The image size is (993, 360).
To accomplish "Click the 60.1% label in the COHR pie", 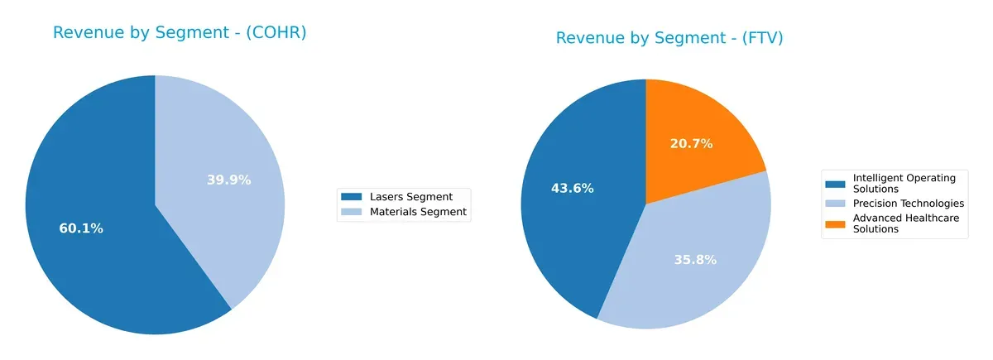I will coord(81,228).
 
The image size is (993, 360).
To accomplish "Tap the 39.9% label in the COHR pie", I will coord(228,180).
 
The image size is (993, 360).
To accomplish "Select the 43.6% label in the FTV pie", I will coord(572,188).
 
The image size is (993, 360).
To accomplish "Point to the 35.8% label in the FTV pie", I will coord(694,259).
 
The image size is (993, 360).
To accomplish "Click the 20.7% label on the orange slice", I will coord(691,143).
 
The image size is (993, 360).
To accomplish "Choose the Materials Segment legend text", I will coord(420,212).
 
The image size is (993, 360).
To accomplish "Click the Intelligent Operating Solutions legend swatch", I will coord(836,183).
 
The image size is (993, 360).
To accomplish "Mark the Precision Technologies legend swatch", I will coord(836,203).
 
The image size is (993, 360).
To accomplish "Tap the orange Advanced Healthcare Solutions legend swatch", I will coord(836,223).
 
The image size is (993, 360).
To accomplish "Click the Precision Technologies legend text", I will coord(908,203).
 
